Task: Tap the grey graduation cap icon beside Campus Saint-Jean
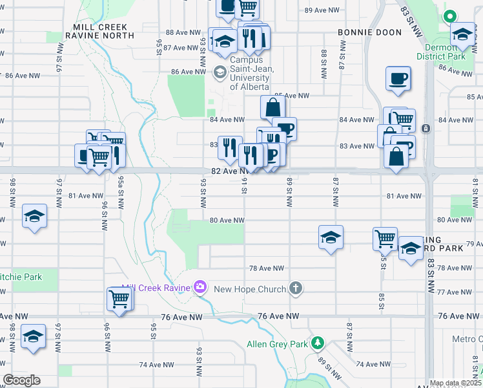(x=220, y=72)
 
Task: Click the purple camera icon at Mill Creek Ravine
(x=200, y=286)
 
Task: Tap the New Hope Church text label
(x=249, y=288)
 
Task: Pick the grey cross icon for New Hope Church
(x=296, y=288)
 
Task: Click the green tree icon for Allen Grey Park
(x=317, y=343)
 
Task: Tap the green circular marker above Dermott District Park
(x=449, y=17)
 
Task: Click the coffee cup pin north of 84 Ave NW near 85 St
(x=398, y=78)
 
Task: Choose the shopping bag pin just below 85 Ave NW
(x=273, y=107)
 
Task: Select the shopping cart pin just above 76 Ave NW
(x=119, y=298)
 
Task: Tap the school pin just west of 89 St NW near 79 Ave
(x=331, y=237)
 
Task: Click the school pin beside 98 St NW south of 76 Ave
(x=34, y=336)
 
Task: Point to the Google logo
(x=21, y=380)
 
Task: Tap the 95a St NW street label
(x=120, y=191)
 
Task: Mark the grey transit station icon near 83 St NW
(x=426, y=128)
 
